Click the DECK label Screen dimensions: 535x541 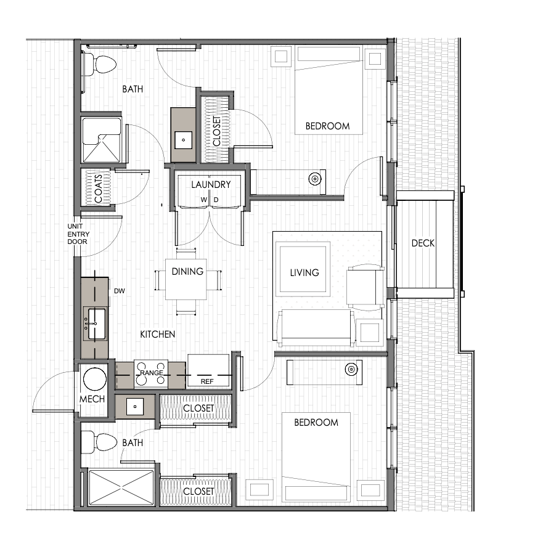(x=423, y=243)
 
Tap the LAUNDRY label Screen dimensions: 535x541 (x=211, y=185)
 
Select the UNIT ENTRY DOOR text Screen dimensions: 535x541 (x=78, y=234)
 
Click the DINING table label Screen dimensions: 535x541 (x=187, y=272)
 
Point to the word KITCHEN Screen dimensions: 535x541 (x=157, y=334)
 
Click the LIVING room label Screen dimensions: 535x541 (x=304, y=272)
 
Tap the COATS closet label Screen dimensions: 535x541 (x=98, y=189)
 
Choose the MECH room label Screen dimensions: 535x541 (x=92, y=399)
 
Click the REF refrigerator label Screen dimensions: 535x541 (x=207, y=381)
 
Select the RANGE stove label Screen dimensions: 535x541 (x=152, y=373)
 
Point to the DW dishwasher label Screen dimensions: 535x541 (x=120, y=291)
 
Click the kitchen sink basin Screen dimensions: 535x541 (x=97, y=324)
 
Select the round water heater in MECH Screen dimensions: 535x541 (x=95, y=379)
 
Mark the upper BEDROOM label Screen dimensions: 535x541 (x=327, y=126)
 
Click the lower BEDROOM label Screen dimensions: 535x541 (x=316, y=422)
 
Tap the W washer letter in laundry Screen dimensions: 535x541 (x=203, y=200)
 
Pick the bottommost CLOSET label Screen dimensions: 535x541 (x=198, y=491)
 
